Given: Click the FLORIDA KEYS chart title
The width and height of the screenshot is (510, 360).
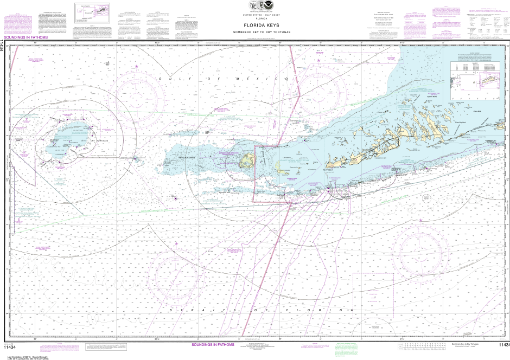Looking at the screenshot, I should (x=255, y=24).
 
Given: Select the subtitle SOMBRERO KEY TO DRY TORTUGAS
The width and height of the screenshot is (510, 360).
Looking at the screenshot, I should (x=255, y=31).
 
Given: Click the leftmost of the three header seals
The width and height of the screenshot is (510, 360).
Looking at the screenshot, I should (x=246, y=5).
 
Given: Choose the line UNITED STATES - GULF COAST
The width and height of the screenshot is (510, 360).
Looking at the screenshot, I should (x=255, y=15).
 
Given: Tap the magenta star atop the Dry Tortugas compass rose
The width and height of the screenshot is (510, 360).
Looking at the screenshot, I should (x=136, y=66).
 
